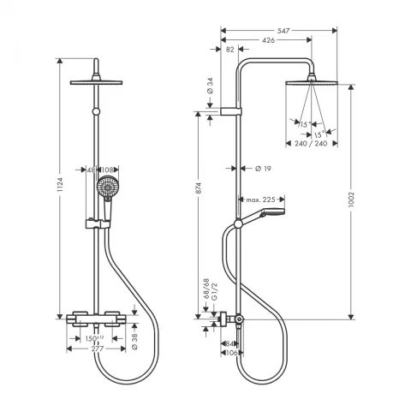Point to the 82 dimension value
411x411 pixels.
[x=229, y=50]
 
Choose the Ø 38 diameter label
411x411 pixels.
[x=136, y=341]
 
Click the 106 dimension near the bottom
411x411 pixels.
[x=229, y=351]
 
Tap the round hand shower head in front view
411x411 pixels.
[x=106, y=186]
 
